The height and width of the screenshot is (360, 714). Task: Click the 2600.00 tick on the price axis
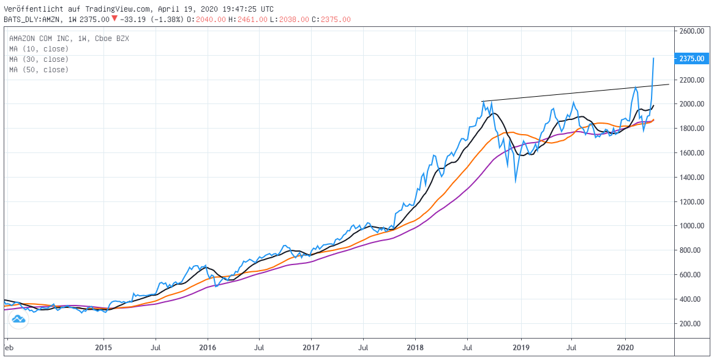click(692, 31)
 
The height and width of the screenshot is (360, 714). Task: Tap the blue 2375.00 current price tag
click(692, 59)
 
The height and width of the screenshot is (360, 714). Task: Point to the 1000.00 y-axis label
click(692, 226)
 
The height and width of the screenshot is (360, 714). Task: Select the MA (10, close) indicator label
click(39, 49)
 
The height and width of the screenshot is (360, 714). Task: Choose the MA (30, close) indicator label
click(39, 59)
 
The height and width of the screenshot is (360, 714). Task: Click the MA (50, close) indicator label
click(39, 70)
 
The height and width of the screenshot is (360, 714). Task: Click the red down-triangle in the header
click(114, 19)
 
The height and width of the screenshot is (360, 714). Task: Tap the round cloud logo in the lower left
click(18, 320)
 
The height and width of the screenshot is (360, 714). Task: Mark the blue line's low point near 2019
click(516, 181)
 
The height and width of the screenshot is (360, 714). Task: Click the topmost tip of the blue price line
click(654, 58)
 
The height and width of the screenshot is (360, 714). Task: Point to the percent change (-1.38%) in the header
click(163, 20)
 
